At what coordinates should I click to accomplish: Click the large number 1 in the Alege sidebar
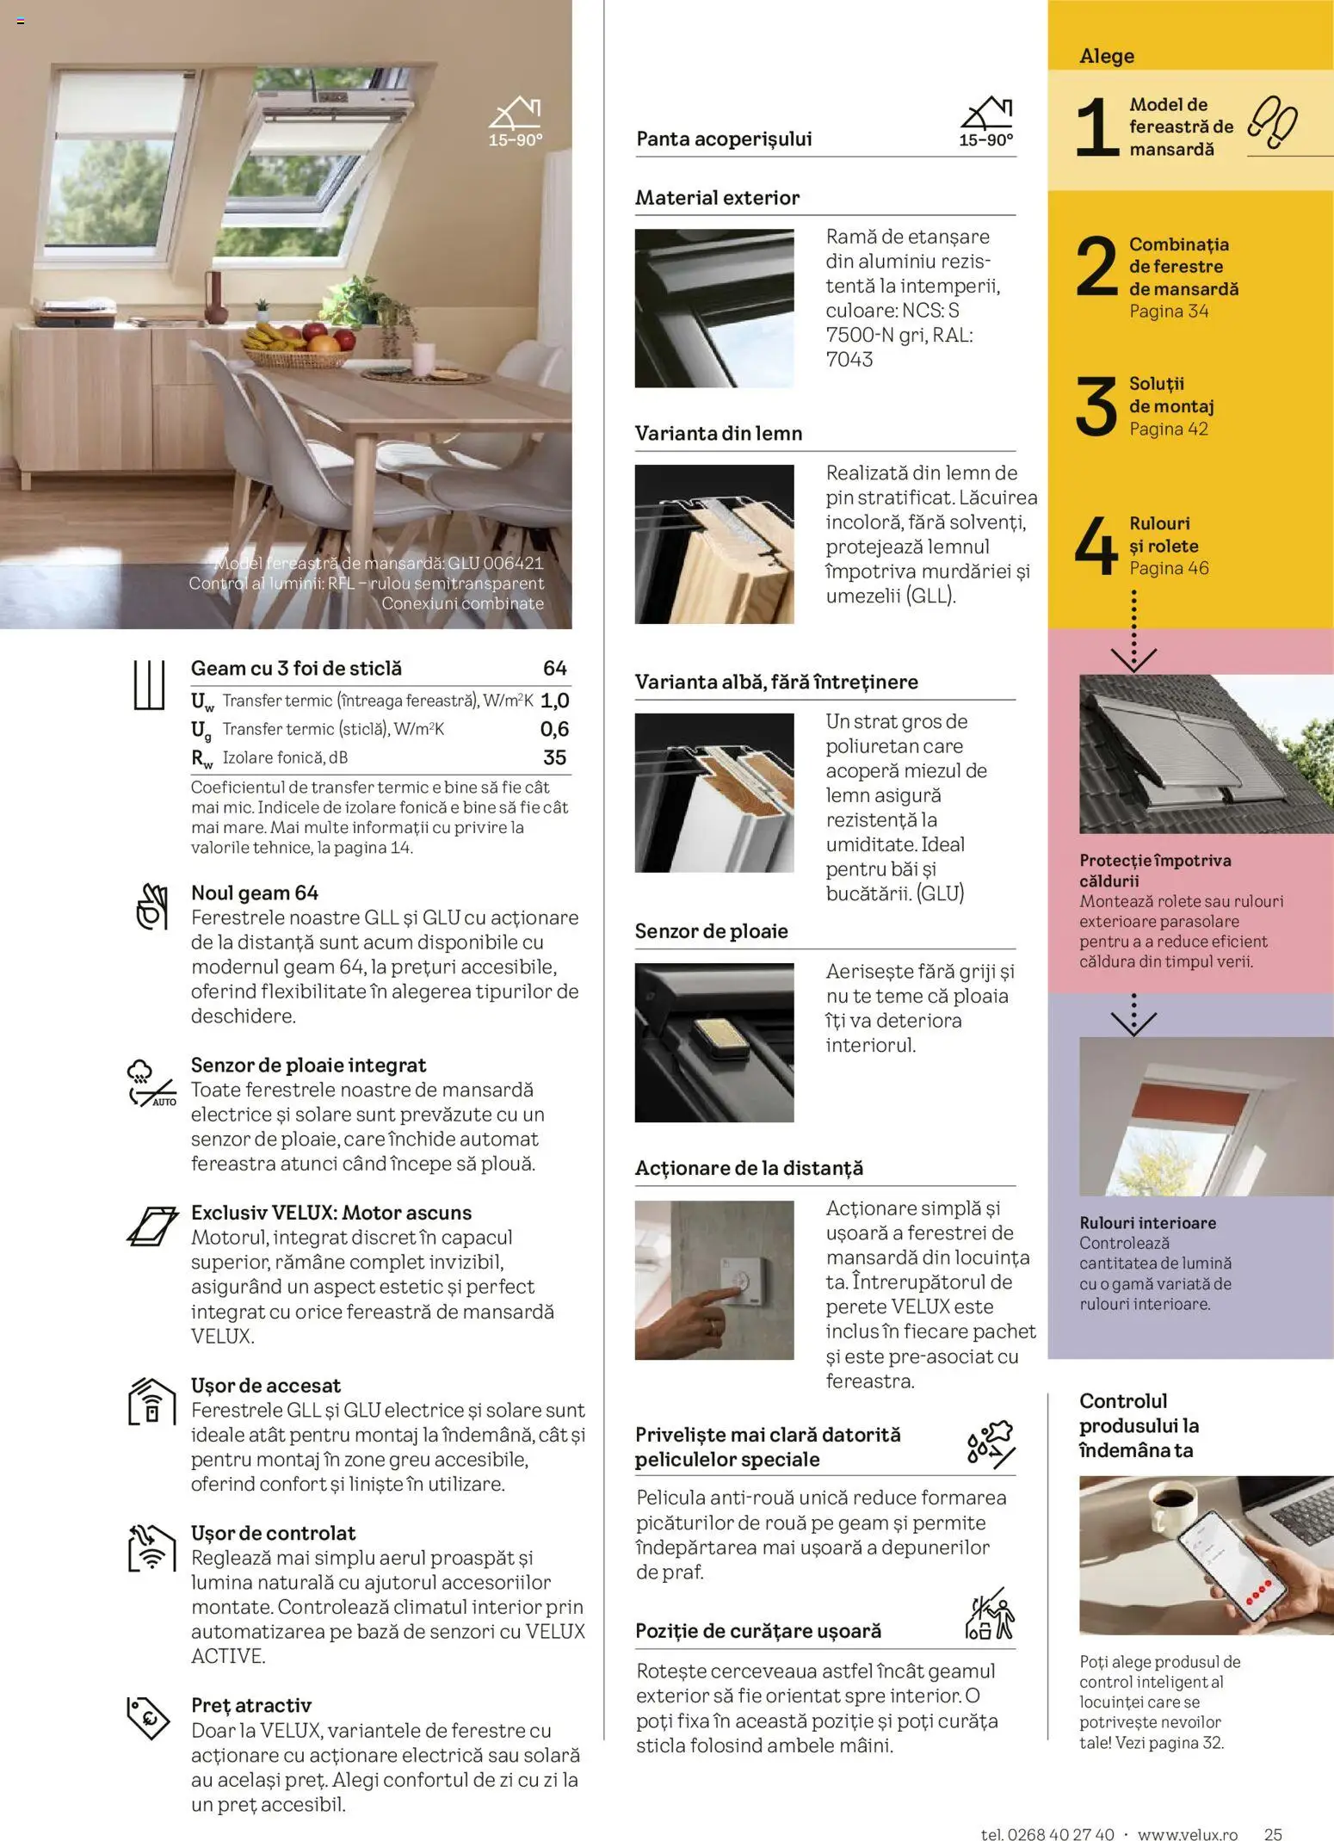[1096, 127]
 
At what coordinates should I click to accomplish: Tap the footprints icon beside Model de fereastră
[1273, 121]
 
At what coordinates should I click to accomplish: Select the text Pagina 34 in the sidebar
[1169, 312]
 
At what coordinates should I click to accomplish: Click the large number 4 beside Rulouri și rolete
[1096, 546]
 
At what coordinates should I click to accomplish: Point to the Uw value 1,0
[554, 701]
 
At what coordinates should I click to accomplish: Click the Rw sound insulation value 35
[554, 757]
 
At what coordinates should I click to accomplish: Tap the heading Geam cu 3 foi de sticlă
[296, 669]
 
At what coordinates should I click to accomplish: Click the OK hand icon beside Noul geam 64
[151, 906]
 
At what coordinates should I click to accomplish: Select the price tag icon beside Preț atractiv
[148, 1718]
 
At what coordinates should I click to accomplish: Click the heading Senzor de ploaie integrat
[308, 1066]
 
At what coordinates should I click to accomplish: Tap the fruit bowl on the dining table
[298, 346]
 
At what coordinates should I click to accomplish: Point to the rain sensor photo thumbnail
[713, 1042]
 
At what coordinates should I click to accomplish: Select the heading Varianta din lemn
[718, 434]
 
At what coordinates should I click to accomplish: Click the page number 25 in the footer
[1273, 1833]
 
